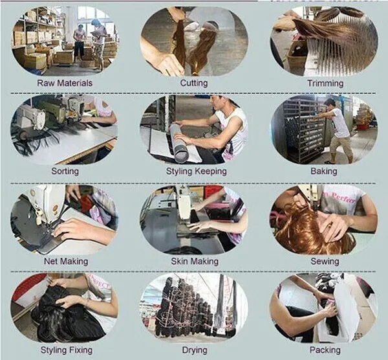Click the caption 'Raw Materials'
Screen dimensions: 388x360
[65, 83]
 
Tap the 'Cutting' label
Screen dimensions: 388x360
[194, 83]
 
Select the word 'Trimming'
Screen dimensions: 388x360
[325, 84]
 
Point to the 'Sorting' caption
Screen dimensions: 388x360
[65, 171]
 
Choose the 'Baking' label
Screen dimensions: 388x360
[324, 171]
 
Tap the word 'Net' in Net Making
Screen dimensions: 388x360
[52, 261]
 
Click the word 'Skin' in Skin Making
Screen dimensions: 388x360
[179, 261]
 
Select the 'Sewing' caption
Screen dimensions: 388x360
[325, 262]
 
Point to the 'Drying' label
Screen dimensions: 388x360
[195, 350]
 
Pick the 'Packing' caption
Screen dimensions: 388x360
[325, 350]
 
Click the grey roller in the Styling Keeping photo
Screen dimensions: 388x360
[180, 142]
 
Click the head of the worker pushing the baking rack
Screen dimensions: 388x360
[330, 104]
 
